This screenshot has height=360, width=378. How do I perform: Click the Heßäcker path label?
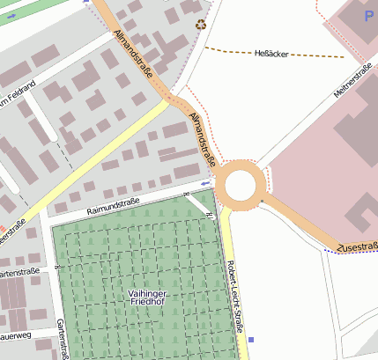(x=271, y=53)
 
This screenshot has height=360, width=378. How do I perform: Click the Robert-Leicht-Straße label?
(x=234, y=295)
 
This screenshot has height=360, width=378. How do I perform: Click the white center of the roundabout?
(x=241, y=186)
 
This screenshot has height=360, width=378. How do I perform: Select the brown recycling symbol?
(x=201, y=26)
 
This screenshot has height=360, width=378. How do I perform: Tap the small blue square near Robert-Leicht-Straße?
(x=251, y=339)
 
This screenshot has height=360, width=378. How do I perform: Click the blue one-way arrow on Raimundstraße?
(x=204, y=183)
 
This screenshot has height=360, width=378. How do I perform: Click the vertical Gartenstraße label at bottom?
(x=63, y=339)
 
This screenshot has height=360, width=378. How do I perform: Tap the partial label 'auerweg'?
(x=16, y=335)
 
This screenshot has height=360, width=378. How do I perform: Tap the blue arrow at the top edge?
(x=86, y=2)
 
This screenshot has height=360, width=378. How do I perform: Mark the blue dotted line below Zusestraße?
(x=352, y=253)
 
